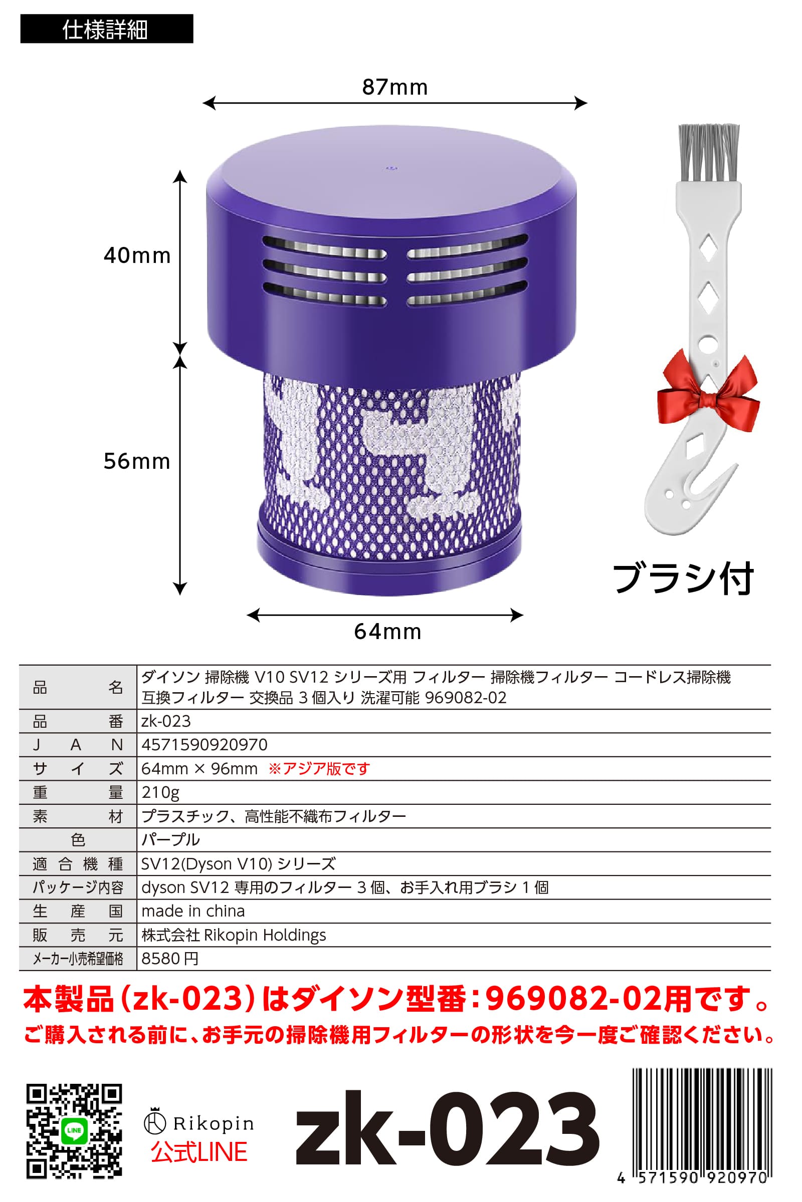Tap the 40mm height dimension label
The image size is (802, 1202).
pos(137,255)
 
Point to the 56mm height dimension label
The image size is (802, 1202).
pos(136,461)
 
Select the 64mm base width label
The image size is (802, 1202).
pos(387,632)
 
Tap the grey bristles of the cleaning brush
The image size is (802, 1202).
pos(708,151)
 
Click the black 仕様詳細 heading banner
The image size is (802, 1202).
pos(106,29)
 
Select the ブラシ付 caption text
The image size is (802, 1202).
pos(683,578)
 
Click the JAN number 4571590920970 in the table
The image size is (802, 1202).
pos(204,745)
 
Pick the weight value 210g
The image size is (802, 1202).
pos(160,792)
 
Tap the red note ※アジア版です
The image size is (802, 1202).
pos(319,769)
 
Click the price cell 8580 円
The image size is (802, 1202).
pos(170,959)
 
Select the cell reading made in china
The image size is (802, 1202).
pos(193,911)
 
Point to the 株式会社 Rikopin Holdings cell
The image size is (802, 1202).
pos(234,935)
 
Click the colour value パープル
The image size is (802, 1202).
pos(171,840)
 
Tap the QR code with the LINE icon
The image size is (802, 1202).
pos(74,1131)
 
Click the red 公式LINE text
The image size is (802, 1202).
pos(199,1152)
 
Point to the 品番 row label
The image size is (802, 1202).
pos(78,721)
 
